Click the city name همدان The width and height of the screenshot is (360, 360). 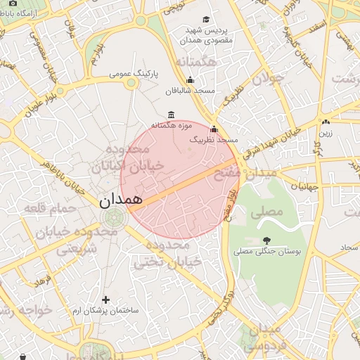coord(120,199)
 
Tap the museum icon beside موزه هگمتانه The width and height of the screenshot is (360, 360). coord(172,115)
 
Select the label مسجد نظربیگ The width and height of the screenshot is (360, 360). coord(213,141)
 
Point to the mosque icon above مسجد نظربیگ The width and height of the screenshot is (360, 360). coord(214,129)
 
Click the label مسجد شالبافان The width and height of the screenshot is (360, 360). coord(189,91)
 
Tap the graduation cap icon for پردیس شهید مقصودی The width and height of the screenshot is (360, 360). coord(205,20)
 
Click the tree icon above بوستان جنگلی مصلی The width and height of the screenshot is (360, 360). coord(266,240)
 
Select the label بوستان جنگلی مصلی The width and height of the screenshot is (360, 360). coord(266,250)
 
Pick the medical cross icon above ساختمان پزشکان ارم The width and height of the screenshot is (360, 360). coord(105,300)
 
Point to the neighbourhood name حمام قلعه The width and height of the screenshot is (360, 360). coord(44,209)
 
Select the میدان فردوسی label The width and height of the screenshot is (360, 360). coord(264,336)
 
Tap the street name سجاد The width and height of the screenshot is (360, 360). coord(349,247)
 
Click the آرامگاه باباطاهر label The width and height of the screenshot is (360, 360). coord(30,13)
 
